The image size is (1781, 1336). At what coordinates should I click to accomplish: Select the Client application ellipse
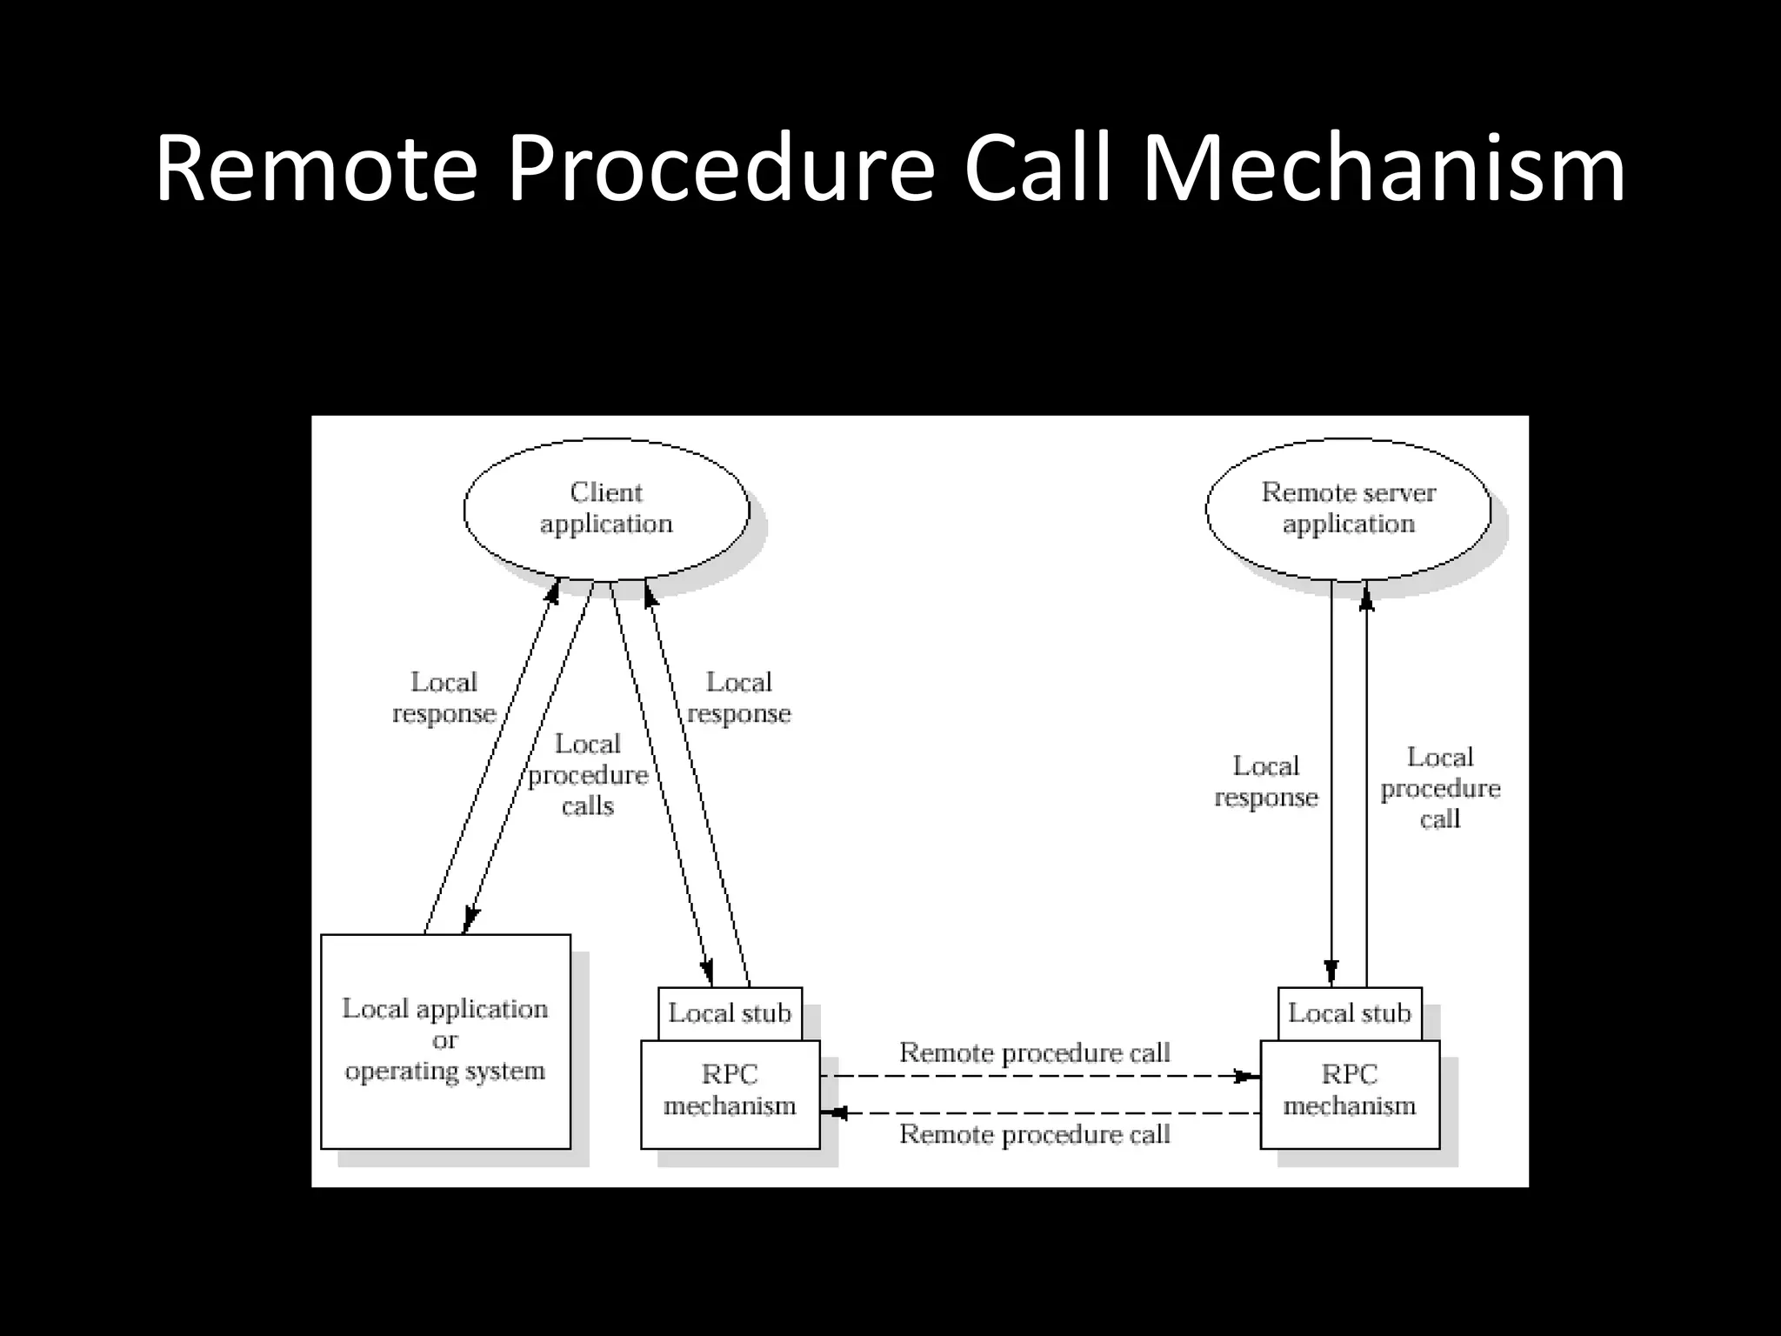[606, 509]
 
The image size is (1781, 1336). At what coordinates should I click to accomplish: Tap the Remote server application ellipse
[1348, 509]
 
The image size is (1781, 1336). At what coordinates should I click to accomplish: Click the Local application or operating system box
[445, 1040]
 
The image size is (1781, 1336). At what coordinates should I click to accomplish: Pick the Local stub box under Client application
[730, 1013]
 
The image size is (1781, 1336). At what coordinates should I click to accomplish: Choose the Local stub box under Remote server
[1350, 1013]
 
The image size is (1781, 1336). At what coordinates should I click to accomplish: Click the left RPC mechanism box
[730, 1092]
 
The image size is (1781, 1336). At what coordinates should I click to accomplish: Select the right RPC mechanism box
[1350, 1092]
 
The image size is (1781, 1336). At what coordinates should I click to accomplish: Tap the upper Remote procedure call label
[1035, 1052]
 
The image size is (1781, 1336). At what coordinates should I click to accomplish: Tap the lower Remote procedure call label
[1035, 1134]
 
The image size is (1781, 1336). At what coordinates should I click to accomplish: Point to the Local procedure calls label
[588, 775]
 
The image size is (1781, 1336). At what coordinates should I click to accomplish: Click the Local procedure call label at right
[1440, 788]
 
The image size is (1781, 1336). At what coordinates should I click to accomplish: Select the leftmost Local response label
[444, 698]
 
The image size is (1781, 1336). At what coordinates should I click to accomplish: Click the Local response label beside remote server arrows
[1266, 782]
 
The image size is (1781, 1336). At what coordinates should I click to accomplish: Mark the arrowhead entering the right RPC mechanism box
[1249, 1076]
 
